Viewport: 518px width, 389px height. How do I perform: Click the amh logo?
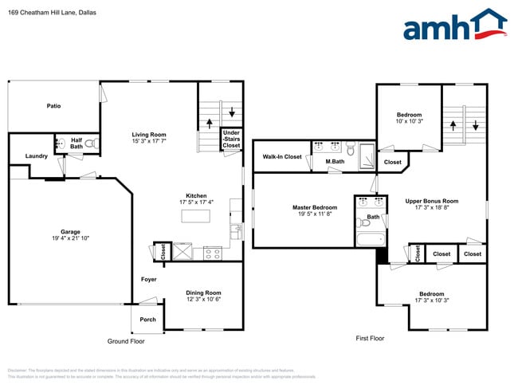tap(454, 26)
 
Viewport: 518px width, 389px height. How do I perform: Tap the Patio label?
tap(53, 105)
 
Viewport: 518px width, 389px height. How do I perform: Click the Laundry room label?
tap(37, 156)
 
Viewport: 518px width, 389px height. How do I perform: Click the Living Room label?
tap(149, 134)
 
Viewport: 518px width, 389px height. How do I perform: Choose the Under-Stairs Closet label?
tap(231, 139)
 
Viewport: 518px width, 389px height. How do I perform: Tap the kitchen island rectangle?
tap(196, 215)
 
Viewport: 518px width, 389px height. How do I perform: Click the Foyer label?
tap(149, 280)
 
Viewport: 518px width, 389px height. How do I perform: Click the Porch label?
tap(148, 320)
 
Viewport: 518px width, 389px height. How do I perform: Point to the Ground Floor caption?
tap(126, 340)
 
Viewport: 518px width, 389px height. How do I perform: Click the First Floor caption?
tap(370, 338)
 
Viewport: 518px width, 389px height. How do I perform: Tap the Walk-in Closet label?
tap(282, 157)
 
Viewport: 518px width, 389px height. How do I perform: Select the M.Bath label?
tap(335, 162)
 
